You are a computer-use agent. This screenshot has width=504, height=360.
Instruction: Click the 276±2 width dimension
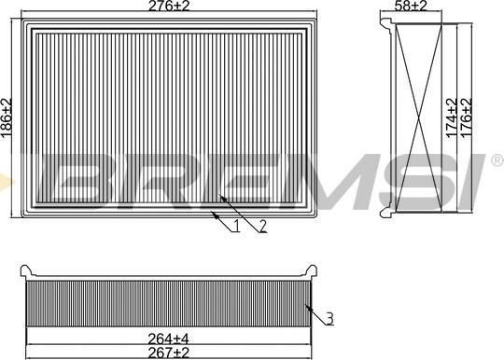point(169,6)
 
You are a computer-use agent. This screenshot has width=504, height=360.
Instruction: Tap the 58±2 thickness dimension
point(411,6)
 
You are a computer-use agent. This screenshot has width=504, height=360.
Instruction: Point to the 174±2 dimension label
point(452,118)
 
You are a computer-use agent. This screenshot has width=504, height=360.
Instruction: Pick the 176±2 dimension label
point(467,118)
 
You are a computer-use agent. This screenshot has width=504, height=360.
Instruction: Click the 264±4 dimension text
point(168,339)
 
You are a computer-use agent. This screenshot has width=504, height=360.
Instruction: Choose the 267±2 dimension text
point(168,353)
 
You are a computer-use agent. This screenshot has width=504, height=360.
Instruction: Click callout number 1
point(236,226)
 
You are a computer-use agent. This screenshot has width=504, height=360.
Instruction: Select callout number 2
point(263,226)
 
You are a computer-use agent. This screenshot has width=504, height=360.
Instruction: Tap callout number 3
point(329,319)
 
